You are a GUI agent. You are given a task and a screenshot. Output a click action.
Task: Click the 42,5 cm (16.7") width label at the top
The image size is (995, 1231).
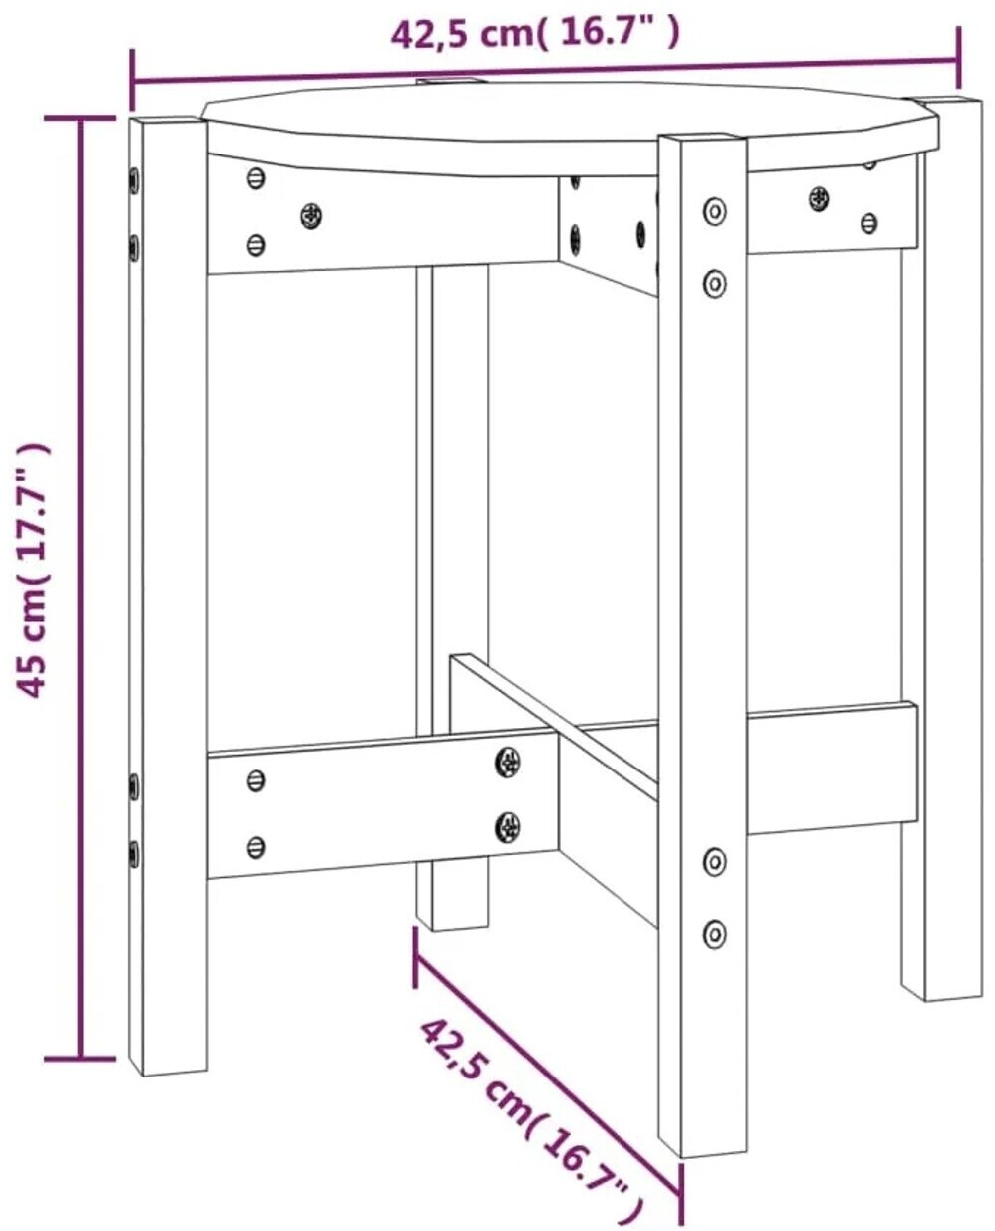[535, 35]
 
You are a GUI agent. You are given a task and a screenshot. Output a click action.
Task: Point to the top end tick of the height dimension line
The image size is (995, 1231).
[80, 118]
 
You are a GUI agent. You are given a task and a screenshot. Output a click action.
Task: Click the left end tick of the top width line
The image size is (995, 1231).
[133, 79]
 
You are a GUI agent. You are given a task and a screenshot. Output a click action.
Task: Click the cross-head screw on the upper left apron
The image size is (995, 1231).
[311, 216]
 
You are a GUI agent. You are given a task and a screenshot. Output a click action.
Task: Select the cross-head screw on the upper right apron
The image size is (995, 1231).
[819, 198]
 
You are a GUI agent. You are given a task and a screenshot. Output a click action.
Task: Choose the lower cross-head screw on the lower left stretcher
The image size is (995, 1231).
[507, 826]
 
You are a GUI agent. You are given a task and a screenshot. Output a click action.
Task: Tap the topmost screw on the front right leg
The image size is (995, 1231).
[715, 211]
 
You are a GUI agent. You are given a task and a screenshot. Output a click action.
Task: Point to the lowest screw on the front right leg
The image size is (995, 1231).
[715, 933]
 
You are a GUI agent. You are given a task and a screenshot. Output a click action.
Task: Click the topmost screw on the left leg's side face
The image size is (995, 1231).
[134, 179]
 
